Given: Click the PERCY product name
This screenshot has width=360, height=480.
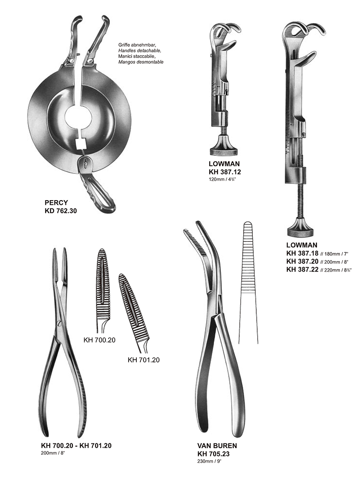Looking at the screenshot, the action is [x=56, y=203].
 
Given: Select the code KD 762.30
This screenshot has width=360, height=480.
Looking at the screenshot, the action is [x=61, y=211].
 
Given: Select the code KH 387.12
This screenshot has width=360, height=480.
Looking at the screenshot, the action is [x=225, y=172].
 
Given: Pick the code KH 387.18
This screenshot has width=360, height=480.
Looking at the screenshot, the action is [x=302, y=253].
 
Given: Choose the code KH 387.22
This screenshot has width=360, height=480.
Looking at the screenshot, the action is [x=302, y=269].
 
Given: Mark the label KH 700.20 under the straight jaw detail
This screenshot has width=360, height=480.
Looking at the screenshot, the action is [x=99, y=340].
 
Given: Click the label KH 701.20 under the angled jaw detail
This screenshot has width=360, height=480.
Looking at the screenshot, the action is [x=143, y=360].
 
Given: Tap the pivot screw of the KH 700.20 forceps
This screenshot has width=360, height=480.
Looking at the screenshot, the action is [x=59, y=323].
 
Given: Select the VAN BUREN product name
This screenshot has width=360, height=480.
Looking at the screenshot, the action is [x=217, y=446].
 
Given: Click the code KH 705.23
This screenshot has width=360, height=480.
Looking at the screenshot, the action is [x=214, y=454].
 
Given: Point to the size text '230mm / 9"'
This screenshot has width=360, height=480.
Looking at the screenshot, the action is [x=209, y=461].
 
